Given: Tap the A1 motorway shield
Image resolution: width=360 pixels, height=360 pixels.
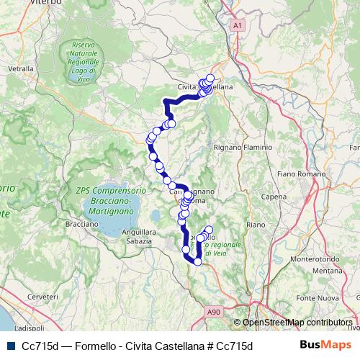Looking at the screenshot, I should point(238,25).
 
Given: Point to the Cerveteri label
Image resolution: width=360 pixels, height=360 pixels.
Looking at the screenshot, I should point(42,297).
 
